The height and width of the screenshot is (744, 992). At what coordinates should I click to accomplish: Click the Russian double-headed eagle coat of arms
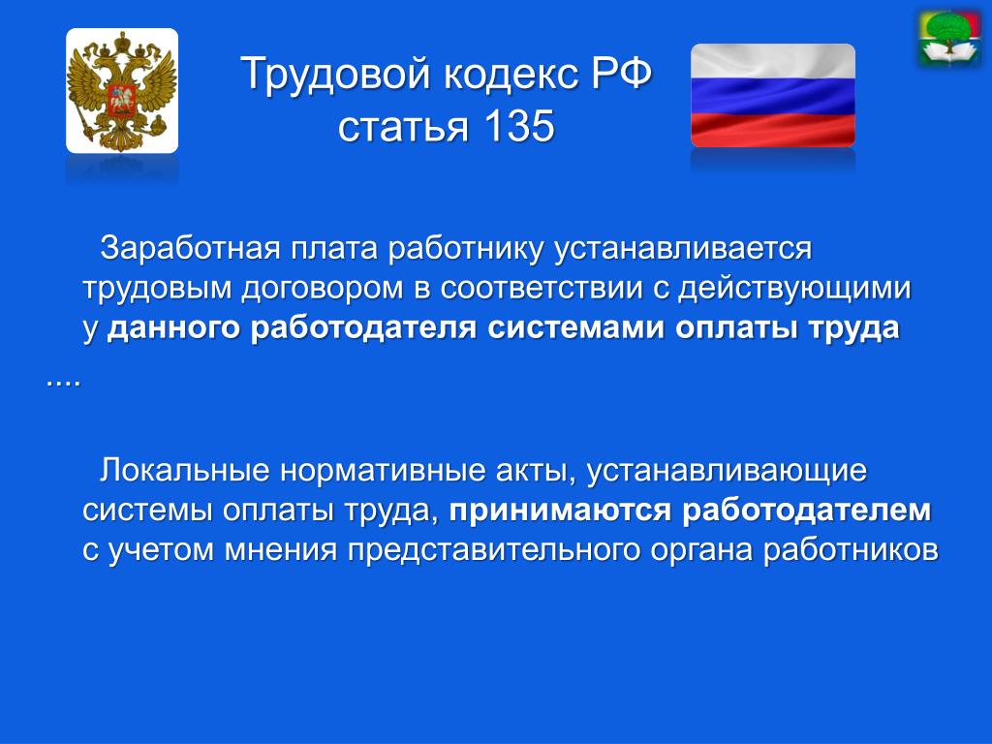[122, 90]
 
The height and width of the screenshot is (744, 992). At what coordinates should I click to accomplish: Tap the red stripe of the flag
[772, 131]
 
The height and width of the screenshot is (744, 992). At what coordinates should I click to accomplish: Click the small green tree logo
[949, 38]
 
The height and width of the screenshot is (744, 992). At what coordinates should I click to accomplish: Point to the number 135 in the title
[519, 125]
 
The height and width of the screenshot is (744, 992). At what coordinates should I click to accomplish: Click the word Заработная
[189, 247]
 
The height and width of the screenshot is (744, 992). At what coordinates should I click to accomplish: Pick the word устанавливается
[683, 249]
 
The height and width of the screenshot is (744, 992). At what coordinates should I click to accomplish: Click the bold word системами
[575, 328]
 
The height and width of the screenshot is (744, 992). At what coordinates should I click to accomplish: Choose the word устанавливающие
[727, 472]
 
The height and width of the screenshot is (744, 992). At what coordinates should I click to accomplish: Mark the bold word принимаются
[559, 511]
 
